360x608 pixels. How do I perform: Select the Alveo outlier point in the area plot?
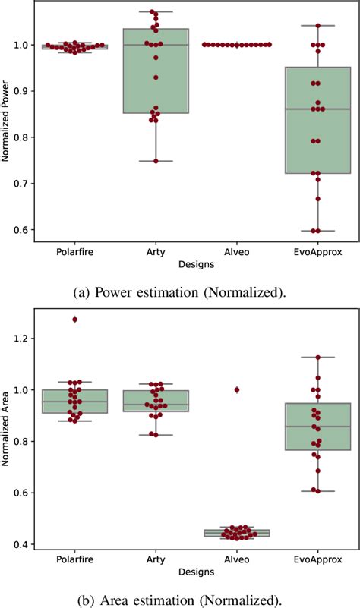(237, 389)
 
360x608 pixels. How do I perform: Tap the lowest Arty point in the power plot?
(156, 161)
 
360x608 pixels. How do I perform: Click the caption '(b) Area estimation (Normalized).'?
(180, 600)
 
